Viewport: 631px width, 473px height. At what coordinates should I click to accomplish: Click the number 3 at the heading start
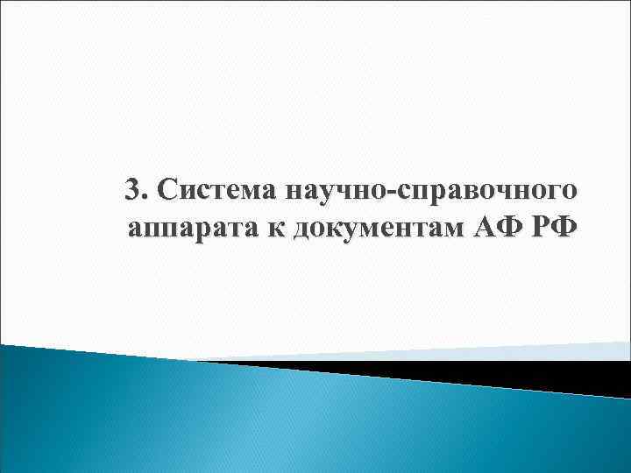(133, 189)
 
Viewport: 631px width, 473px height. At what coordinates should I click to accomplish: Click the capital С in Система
(164, 189)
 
